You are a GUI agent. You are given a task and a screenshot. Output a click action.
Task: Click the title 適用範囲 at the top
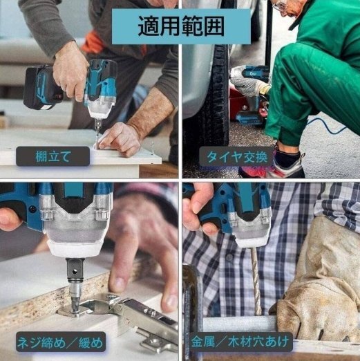point(179,28)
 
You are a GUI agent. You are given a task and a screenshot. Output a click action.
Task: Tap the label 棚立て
point(53,156)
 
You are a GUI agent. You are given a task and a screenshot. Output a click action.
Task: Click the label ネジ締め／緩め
point(60,340)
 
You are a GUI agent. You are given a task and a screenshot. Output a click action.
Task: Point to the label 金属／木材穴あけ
point(243,341)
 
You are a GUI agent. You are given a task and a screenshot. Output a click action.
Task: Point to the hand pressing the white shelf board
point(120,136)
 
